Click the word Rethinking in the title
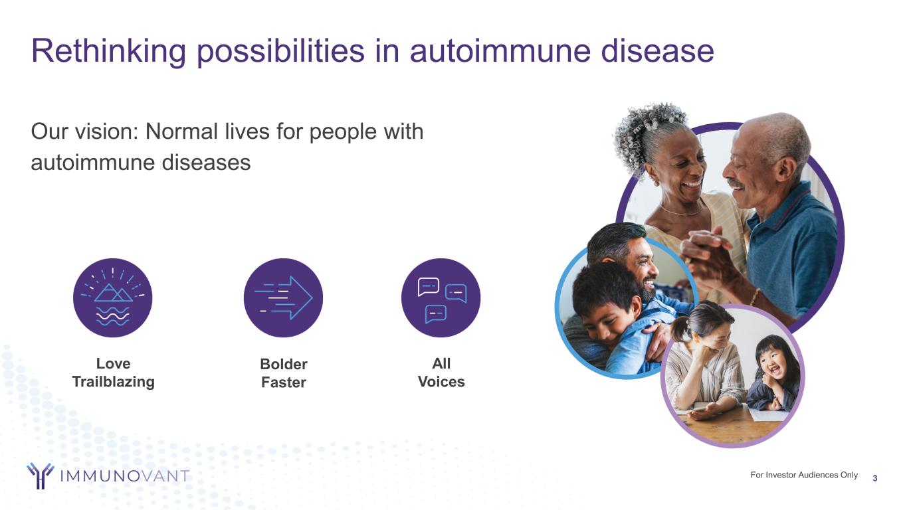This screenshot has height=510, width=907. tap(108, 51)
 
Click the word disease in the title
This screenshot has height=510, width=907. tap(657, 50)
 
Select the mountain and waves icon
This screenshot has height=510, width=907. tap(112, 298)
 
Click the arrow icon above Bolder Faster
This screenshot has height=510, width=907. tap(283, 298)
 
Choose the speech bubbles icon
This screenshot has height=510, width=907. tap(441, 298)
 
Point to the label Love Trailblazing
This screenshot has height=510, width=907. tap(114, 373)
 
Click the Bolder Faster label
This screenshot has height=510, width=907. tap(284, 373)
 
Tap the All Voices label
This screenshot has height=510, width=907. tap(441, 373)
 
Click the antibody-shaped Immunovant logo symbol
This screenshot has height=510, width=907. tap(40, 475)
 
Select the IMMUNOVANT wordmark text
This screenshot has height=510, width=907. tap(125, 476)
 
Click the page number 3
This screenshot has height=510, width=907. tap(875, 478)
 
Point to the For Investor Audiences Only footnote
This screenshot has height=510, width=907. tap(804, 475)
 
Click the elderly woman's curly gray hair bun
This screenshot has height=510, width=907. tap(648, 129)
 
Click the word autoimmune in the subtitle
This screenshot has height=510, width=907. tap(92, 163)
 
